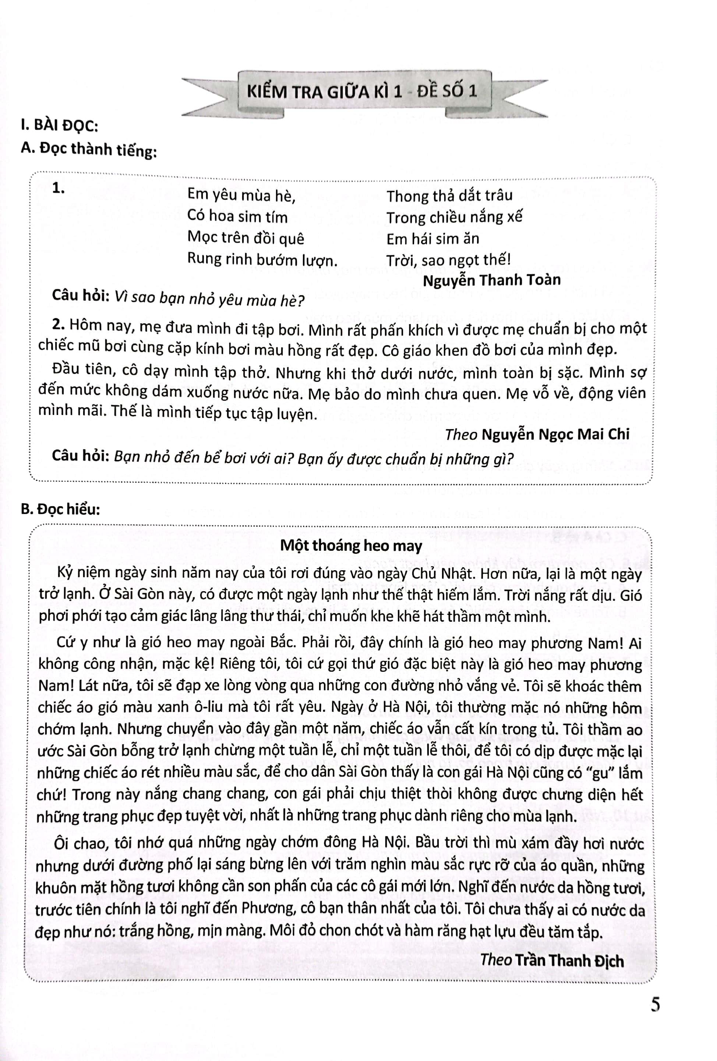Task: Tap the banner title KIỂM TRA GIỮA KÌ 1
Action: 324,92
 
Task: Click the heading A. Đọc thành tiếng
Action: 89,149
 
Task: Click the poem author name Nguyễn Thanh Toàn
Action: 491,280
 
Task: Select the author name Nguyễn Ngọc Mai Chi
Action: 555,434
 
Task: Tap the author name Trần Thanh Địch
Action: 569,961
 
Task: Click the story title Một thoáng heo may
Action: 351,546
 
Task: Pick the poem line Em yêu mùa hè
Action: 241,195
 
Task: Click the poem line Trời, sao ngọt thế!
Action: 448,260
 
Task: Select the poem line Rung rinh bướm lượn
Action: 262,260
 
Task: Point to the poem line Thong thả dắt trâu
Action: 449,196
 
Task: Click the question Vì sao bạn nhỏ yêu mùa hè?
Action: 209,299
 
